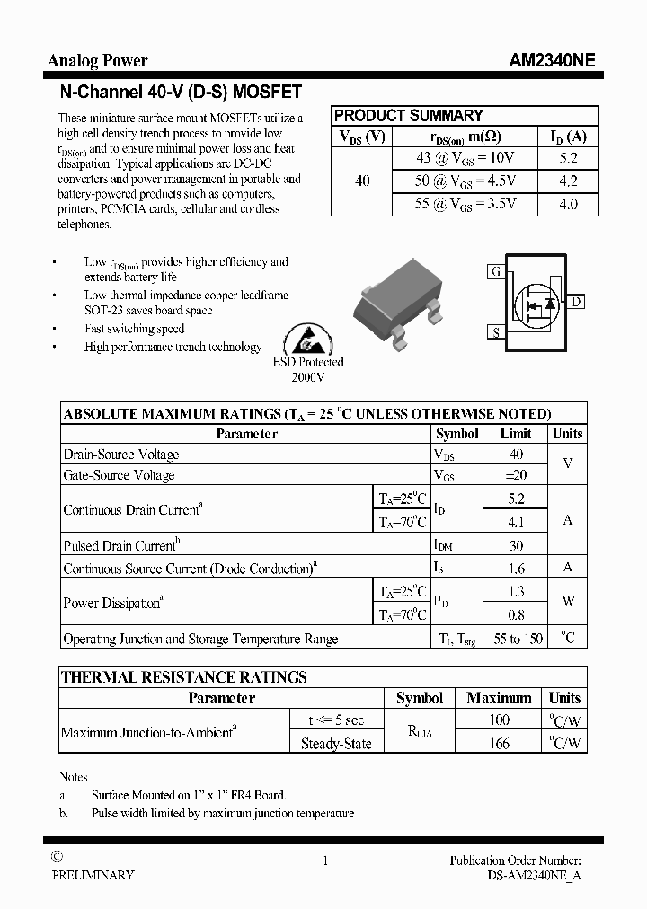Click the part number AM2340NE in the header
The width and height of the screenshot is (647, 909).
tap(551, 61)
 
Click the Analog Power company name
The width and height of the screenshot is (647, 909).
tap(97, 61)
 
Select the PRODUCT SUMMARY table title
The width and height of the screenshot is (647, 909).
tap(408, 116)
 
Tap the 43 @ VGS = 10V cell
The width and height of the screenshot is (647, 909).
tap(465, 158)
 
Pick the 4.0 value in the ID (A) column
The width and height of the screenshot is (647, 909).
tap(568, 204)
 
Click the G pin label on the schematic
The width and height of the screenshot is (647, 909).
tap(495, 270)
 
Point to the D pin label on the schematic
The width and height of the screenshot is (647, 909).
tap(576, 302)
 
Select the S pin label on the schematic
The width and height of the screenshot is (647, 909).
tap(495, 332)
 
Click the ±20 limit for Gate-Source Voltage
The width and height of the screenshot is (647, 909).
tap(516, 475)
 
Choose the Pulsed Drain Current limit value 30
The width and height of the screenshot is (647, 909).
tap(516, 545)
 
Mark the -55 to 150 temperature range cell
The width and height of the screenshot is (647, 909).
tap(516, 639)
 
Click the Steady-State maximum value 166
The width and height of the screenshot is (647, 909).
tap(499, 743)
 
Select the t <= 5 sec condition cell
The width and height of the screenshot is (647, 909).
tap(335, 719)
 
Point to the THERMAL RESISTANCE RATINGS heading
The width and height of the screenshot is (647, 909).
tap(184, 677)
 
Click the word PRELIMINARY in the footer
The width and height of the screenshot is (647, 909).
tap(93, 875)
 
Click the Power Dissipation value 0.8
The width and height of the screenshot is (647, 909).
tap(516, 615)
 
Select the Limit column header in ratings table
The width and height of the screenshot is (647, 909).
tap(516, 434)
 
